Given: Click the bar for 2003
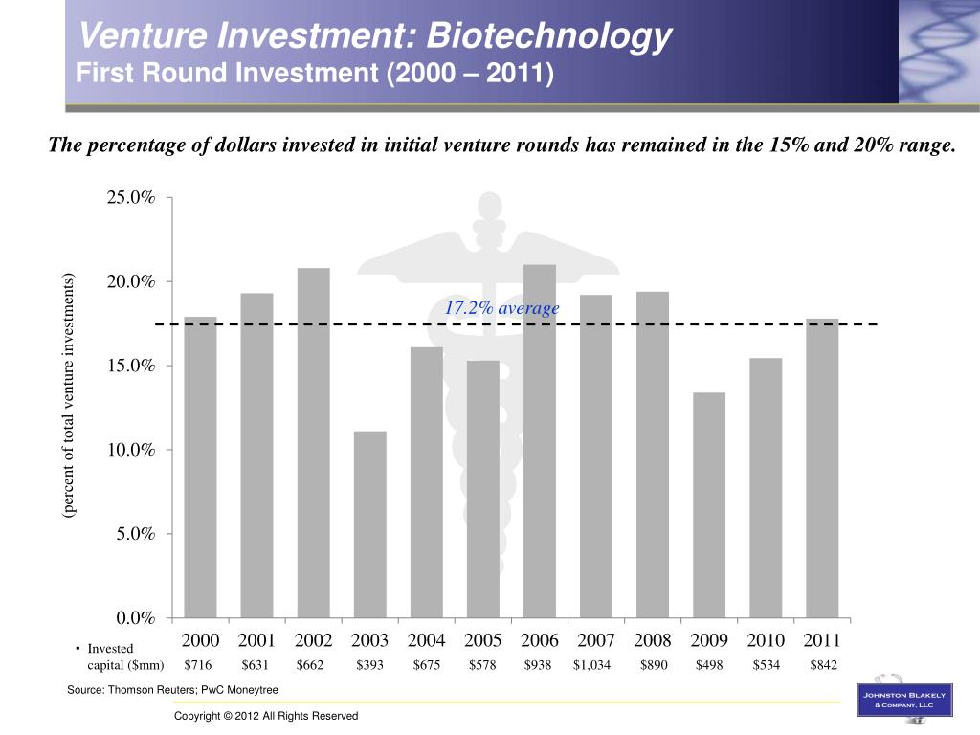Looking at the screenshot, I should [369, 523].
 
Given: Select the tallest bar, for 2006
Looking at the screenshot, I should [540, 440].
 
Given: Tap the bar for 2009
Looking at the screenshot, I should [709, 504].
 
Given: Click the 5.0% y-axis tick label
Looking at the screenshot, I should [135, 534].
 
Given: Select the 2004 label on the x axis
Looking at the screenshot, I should [426, 640].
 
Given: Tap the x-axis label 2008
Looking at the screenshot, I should [653, 640].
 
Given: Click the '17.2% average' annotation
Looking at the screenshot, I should [501, 308].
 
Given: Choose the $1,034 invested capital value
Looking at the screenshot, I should [591, 665].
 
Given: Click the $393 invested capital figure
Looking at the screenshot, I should [369, 665].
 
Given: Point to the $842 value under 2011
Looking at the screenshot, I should [823, 665].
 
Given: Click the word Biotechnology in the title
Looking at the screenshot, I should [549, 36].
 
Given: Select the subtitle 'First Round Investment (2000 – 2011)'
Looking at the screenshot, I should [316, 73].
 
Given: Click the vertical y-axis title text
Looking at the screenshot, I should [69, 395].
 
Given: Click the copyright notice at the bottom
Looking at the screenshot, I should [266, 716].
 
